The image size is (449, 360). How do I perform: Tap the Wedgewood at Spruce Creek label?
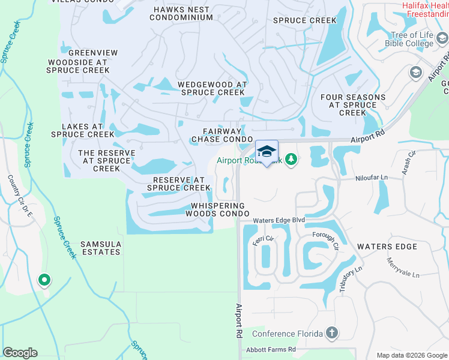[212, 89]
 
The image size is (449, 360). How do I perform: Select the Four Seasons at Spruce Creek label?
[352, 104]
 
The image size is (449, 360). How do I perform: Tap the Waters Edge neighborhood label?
[387, 247]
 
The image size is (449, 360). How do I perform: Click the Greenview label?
[93, 53]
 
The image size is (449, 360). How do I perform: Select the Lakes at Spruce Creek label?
[82, 130]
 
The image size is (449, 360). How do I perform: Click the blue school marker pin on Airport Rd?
[267, 151]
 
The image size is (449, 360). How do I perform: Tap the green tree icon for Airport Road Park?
[291, 160]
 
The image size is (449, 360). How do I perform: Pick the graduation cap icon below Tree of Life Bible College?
[415, 73]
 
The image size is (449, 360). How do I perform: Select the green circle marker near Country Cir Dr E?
[44, 280]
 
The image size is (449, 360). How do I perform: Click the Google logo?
[20, 353]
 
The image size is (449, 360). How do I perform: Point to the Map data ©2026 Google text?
[411, 355]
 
